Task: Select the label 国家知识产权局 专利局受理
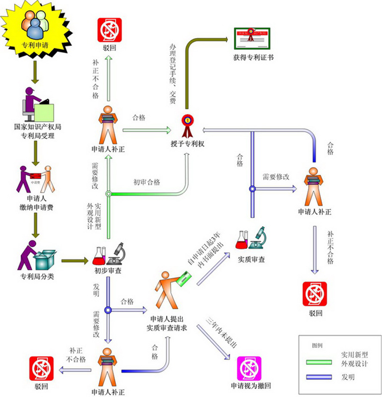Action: pos(37,131)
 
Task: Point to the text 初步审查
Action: pos(108,271)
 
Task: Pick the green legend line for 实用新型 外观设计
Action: pos(319,362)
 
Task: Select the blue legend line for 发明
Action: pos(319,377)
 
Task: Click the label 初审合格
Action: pos(147,182)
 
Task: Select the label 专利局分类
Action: pos(37,277)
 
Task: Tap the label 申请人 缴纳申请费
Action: pos(37,203)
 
